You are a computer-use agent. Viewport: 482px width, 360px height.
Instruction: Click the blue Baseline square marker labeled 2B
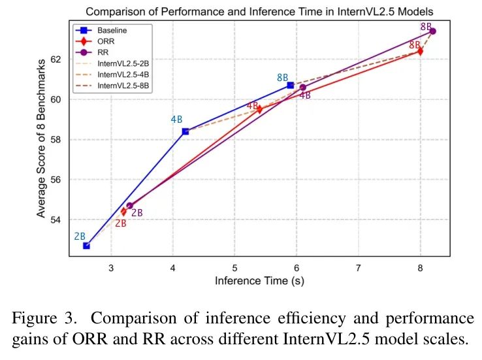(x=86, y=246)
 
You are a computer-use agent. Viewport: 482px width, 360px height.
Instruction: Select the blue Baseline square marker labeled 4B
(x=185, y=131)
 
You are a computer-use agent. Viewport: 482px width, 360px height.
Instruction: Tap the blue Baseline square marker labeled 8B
(x=291, y=86)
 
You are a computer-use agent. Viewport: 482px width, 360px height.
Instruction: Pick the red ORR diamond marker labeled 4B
(x=259, y=109)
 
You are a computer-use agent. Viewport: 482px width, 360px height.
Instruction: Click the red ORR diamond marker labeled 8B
(x=420, y=51)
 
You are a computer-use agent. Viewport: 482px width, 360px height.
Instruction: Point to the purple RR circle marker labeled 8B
(x=432, y=31)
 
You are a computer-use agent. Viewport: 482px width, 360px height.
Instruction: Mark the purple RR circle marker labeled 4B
(x=303, y=88)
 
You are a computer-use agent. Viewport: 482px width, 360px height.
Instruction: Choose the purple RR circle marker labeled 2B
(x=129, y=206)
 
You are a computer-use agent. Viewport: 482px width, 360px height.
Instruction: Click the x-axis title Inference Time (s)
(x=259, y=281)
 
